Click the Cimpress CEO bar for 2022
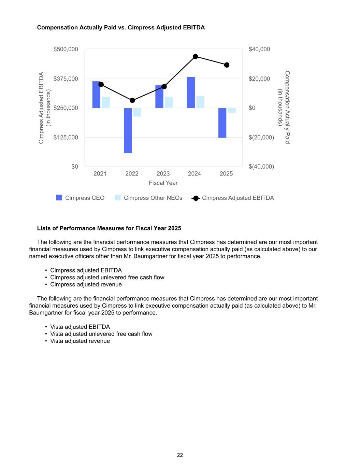[x=128, y=130]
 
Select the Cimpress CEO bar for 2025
[x=222, y=123]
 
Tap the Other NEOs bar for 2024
[x=200, y=102]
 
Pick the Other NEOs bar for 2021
[x=106, y=102]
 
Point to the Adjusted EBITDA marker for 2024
[x=196, y=57]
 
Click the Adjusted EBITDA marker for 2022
[x=132, y=100]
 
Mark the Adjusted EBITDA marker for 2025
[x=227, y=65]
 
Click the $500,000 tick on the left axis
[x=66, y=50]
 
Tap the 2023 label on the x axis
[x=163, y=174]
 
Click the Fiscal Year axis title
[x=163, y=183]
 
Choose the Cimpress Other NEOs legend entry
[x=153, y=198]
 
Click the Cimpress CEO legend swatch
[x=59, y=198]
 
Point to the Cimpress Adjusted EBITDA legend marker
[x=196, y=198]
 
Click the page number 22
[x=180, y=455]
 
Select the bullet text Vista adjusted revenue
[x=80, y=341]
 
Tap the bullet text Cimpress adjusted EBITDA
[x=86, y=270]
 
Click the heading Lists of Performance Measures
[x=109, y=228]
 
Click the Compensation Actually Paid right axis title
[x=284, y=107]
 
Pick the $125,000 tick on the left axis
[x=66, y=138]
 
